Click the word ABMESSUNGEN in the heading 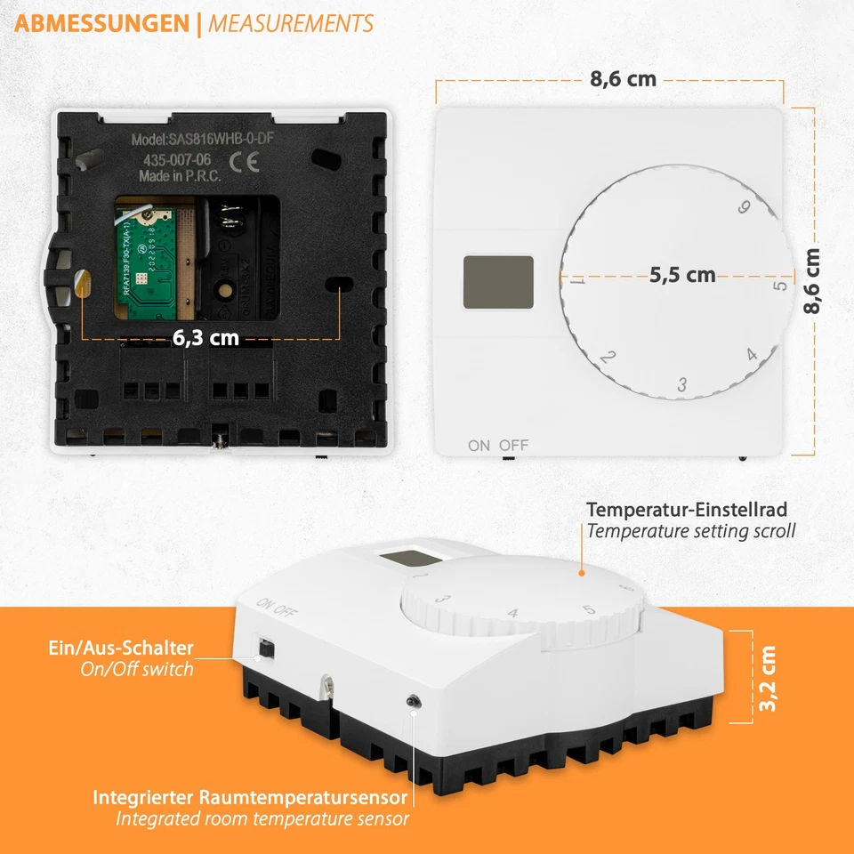click(x=102, y=24)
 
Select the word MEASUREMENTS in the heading click(x=291, y=24)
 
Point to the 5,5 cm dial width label click(x=682, y=275)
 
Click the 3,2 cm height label click(x=769, y=678)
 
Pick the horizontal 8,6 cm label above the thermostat click(x=623, y=79)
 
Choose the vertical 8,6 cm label click(x=811, y=280)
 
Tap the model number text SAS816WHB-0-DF click(x=209, y=140)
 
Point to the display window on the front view click(x=498, y=282)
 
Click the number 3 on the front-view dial click(x=682, y=385)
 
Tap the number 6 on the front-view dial click(x=745, y=208)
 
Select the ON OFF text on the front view click(x=498, y=445)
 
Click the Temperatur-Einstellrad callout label click(x=686, y=511)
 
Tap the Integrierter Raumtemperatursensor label click(x=250, y=797)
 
